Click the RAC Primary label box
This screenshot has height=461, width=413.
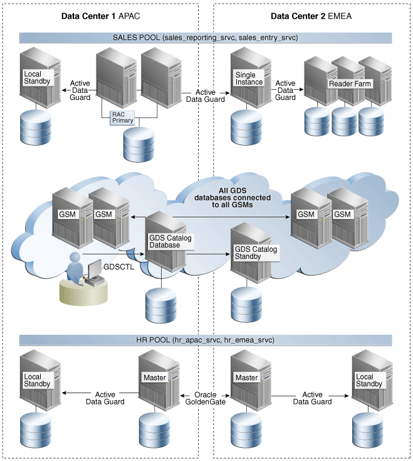click(x=123, y=117)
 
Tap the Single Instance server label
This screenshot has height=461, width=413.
click(x=245, y=79)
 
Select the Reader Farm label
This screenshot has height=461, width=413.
click(x=350, y=84)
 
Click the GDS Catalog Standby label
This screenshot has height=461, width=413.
click(x=256, y=253)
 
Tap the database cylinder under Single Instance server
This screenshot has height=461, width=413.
click(x=245, y=127)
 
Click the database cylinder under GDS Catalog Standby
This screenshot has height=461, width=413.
click(x=246, y=305)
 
